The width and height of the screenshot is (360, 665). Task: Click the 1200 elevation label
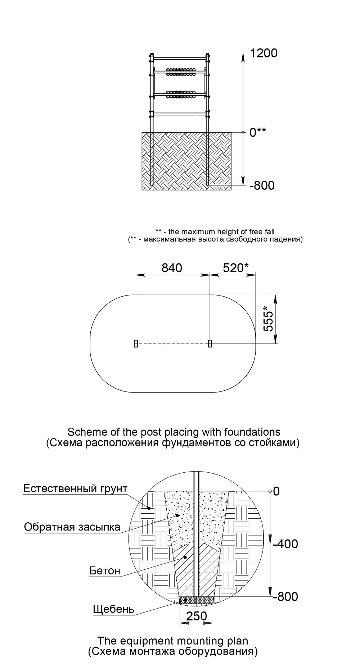click(264, 53)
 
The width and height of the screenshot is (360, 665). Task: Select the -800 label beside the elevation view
click(262, 185)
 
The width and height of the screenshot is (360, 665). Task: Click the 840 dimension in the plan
click(172, 268)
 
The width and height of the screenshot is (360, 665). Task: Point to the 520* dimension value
click(236, 268)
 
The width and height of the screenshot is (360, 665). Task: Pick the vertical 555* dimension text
click(268, 319)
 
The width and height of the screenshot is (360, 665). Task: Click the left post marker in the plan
click(136, 344)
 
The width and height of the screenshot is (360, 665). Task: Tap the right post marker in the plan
click(210, 344)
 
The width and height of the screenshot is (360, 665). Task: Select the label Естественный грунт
click(75, 489)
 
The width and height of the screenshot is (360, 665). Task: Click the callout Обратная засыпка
click(72, 527)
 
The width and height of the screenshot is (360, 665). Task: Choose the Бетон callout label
click(105, 571)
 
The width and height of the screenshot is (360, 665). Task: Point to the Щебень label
click(113, 609)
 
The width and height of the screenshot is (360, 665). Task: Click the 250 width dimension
click(197, 616)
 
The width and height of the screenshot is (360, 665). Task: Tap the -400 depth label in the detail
click(285, 544)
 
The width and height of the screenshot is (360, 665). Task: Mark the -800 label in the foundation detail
click(285, 596)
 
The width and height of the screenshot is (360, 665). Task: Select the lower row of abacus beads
click(181, 94)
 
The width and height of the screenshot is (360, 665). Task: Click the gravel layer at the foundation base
click(197, 600)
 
